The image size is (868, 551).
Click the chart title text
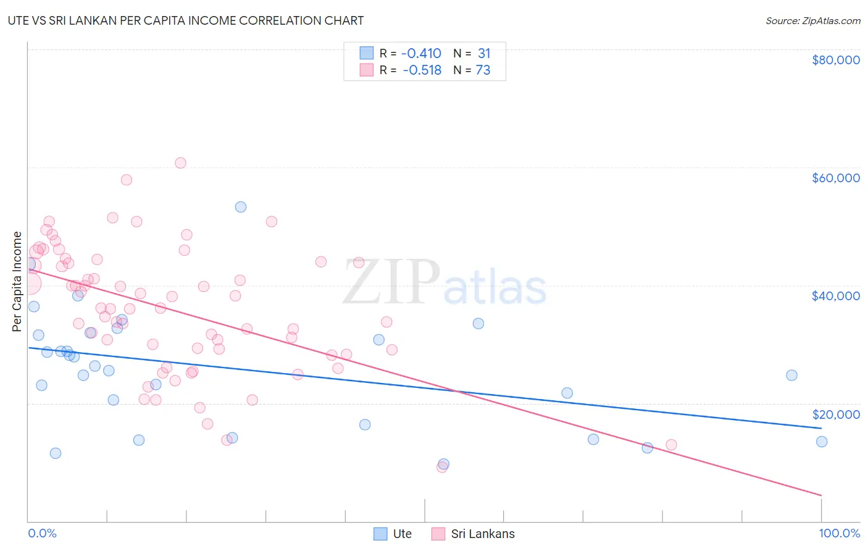[x=186, y=20]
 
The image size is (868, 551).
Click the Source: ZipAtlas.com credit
[x=812, y=20]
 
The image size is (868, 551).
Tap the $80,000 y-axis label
[x=835, y=60]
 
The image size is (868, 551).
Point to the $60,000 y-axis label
[x=835, y=178]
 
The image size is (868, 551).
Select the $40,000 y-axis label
[x=835, y=296]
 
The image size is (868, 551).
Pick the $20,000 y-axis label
[x=835, y=414]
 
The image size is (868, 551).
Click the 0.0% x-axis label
[x=42, y=533]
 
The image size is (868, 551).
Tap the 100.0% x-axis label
[x=839, y=533]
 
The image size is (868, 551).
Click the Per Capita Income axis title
[x=17, y=281]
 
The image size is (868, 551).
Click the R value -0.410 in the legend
[x=421, y=54]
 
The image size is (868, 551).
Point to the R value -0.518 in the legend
[x=422, y=70]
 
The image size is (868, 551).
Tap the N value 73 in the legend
[x=483, y=70]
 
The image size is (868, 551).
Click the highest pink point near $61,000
[x=180, y=163]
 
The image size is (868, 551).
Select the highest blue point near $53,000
[x=241, y=207]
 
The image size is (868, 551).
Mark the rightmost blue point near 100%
[x=821, y=442]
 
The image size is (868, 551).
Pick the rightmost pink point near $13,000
[x=671, y=445]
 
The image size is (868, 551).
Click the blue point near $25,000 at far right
[x=791, y=376]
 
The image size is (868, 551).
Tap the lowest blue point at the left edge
[x=56, y=453]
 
